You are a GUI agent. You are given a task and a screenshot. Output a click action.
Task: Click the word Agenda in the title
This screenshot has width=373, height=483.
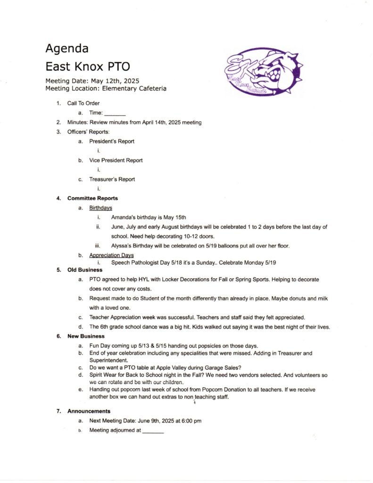(x=66, y=48)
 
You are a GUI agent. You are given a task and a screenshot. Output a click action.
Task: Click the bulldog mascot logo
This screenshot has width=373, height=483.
(x=263, y=72)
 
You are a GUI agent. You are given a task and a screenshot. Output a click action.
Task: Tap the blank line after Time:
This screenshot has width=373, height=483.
(x=115, y=113)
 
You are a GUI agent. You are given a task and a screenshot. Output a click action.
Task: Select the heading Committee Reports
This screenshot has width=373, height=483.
(x=92, y=198)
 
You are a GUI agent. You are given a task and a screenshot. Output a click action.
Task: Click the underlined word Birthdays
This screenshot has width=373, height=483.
(x=100, y=208)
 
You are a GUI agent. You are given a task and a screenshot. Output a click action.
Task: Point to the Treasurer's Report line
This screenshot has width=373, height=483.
(x=112, y=179)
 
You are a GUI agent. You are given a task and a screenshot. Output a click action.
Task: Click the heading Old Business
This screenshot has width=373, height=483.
(x=85, y=270)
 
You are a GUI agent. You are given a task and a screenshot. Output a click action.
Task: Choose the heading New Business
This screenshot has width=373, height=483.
(x=86, y=336)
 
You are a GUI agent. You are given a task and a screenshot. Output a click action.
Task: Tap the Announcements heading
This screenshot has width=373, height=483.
(x=89, y=411)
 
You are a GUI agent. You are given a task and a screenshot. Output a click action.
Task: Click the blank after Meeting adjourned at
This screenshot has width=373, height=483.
(x=153, y=431)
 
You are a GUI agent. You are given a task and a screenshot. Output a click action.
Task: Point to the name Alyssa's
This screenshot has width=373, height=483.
(x=122, y=245)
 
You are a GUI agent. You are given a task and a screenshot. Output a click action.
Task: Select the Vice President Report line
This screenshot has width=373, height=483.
(x=116, y=160)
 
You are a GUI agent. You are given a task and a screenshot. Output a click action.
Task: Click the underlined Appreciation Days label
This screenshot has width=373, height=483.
(x=111, y=256)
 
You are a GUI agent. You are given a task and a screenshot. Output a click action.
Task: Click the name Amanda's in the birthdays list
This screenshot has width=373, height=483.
(x=124, y=217)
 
